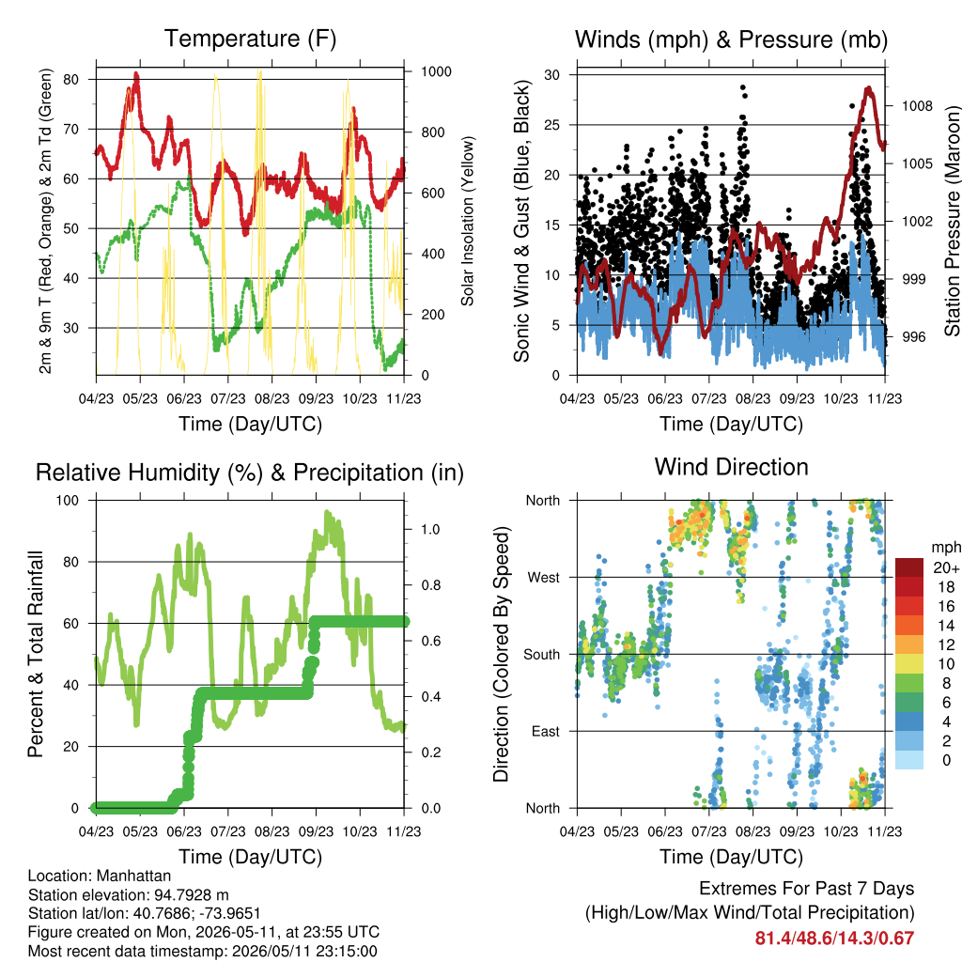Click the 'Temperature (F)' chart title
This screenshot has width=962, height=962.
tap(250, 39)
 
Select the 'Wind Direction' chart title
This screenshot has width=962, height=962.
tap(731, 467)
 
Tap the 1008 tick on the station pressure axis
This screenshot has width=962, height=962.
tap(917, 106)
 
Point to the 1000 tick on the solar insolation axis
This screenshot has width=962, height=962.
tap(436, 71)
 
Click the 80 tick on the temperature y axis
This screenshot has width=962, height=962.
tap(71, 79)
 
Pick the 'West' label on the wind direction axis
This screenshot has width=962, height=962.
tap(543, 578)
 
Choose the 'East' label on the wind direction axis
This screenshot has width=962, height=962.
tap(546, 731)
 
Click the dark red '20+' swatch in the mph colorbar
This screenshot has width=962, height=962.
tap(908, 567)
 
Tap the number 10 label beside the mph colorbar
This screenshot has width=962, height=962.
tap(946, 664)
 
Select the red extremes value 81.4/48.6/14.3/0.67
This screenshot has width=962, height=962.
tap(834, 939)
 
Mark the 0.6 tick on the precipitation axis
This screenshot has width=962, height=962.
tap(430, 641)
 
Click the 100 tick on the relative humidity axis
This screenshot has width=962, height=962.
tap(68, 500)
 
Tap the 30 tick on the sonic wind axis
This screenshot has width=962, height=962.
tap(551, 75)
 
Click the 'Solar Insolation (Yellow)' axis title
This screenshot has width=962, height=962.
tap(468, 221)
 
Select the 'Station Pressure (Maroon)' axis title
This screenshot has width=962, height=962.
tap(953, 221)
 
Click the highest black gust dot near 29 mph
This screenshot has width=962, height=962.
tap(743, 87)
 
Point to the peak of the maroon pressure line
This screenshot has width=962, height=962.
tap(869, 89)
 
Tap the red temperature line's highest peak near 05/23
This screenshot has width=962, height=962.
tap(136, 75)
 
